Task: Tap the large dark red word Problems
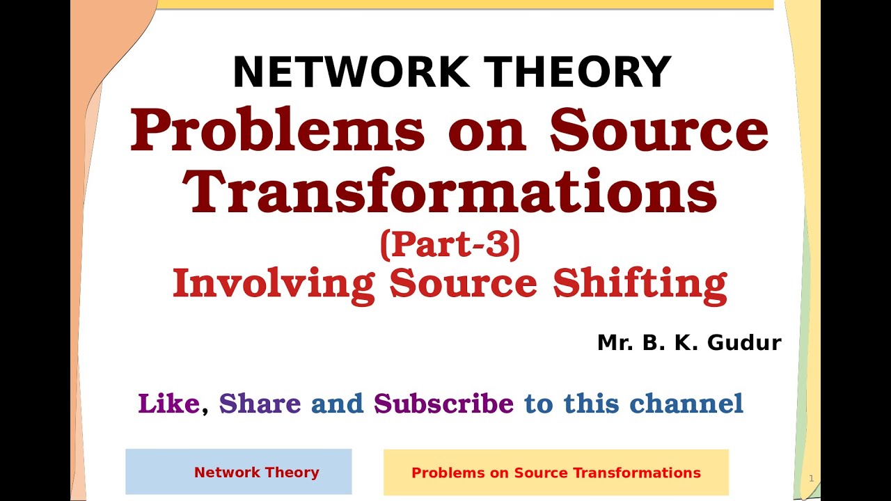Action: (x=278, y=131)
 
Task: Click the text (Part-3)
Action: (x=450, y=245)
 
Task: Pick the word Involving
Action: (x=274, y=284)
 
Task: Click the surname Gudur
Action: (x=743, y=342)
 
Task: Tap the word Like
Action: (x=169, y=404)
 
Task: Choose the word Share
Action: (x=260, y=404)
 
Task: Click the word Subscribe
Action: (x=443, y=404)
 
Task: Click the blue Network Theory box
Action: (x=239, y=472)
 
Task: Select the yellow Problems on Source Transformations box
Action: (x=555, y=472)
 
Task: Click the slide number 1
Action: (x=811, y=479)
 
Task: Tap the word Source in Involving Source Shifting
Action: (x=463, y=284)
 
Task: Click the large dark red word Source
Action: (x=659, y=131)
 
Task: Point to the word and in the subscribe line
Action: (x=337, y=404)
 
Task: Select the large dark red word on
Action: (x=487, y=131)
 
